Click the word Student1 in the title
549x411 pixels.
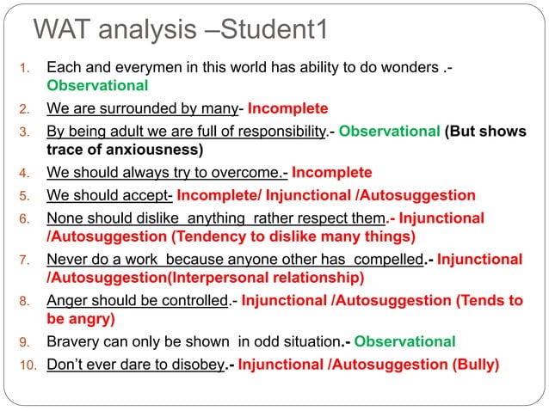click(275, 31)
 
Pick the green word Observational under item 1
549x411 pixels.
click(97, 87)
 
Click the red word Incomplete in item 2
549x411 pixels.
click(289, 109)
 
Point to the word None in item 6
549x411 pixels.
click(65, 218)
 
